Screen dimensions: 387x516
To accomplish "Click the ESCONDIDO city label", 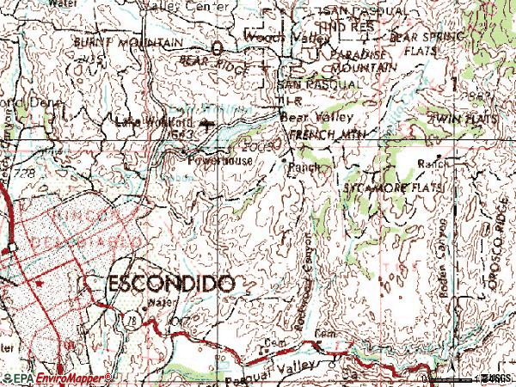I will pos(169,283).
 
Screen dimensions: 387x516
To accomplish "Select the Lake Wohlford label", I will pos(144,121).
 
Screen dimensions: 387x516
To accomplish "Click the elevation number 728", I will pos(23,174).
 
